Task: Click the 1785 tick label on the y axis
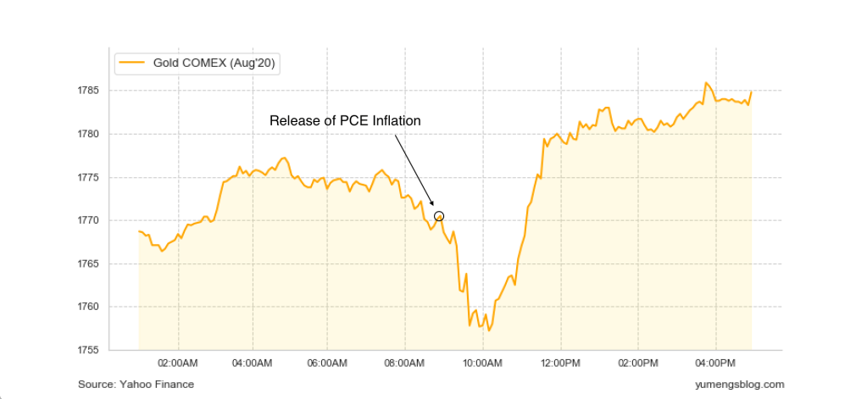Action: [x=88, y=91]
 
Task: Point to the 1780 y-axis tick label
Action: [x=88, y=134]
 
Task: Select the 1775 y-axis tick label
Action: [x=88, y=177]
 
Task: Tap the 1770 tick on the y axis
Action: [x=88, y=220]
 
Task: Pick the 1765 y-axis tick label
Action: [x=88, y=263]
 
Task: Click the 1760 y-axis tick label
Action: [x=88, y=307]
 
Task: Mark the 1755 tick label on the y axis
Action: [x=88, y=350]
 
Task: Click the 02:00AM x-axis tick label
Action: [x=178, y=363]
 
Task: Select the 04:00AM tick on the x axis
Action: [x=252, y=363]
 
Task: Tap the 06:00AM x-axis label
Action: [x=327, y=363]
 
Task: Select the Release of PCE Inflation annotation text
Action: [x=345, y=120]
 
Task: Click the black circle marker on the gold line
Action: [x=439, y=216]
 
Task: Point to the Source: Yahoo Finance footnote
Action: [x=136, y=385]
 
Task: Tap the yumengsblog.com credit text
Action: [x=738, y=385]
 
